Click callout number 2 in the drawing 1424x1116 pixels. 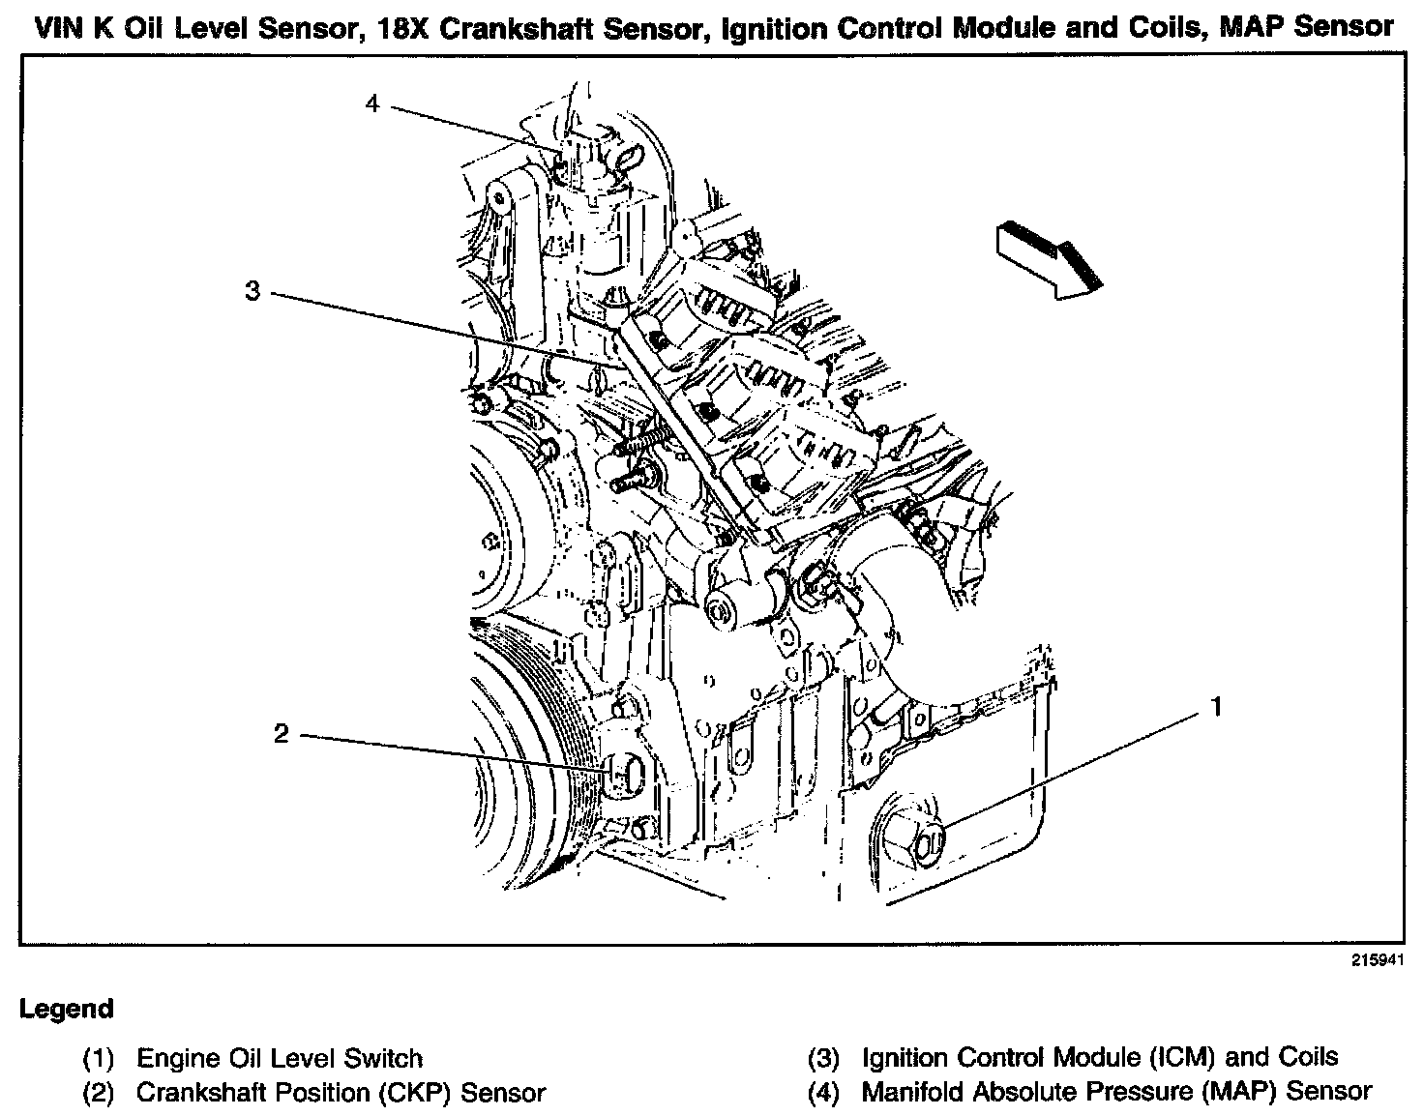point(281,734)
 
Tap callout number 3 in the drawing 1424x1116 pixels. point(252,290)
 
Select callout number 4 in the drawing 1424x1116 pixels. point(373,103)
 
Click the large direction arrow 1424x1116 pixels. point(1048,258)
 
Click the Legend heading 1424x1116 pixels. point(67,1010)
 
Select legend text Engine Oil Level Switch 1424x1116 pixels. point(280,1058)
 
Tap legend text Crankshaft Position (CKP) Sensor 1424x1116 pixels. point(341,1093)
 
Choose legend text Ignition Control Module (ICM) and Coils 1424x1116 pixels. point(1100,1057)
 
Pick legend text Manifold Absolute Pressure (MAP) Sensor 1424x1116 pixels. point(1116,1092)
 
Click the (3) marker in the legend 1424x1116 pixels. point(823,1058)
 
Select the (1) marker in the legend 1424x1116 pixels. point(98,1059)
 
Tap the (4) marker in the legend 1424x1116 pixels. point(823,1093)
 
